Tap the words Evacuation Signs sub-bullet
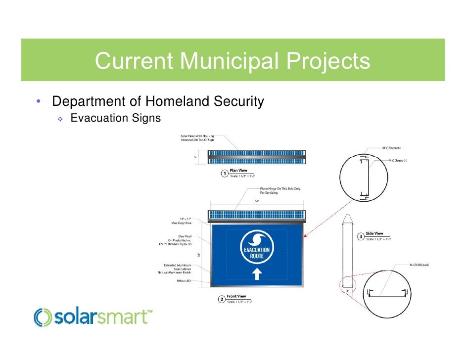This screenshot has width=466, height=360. (x=116, y=119)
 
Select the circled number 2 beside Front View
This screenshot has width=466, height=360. (x=222, y=299)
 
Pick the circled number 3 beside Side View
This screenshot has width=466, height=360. (x=361, y=236)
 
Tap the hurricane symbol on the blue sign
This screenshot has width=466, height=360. (x=257, y=240)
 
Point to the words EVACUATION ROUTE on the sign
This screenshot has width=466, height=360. (x=257, y=253)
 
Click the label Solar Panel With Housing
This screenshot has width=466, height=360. (x=197, y=137)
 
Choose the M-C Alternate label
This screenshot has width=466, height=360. (x=391, y=147)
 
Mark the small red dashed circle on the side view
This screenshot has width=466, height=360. (x=347, y=284)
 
